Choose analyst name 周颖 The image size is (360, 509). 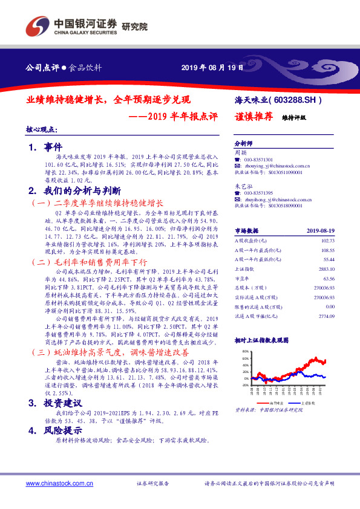240,153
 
